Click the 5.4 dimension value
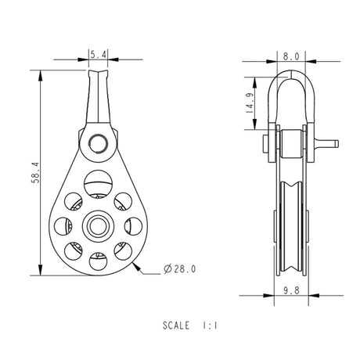pyautogui.click(x=99, y=55)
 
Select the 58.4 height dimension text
pyautogui.click(x=35, y=173)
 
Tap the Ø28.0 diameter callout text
pyautogui.click(x=179, y=269)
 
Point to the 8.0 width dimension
pyautogui.click(x=291, y=56)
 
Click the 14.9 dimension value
pyautogui.click(x=250, y=103)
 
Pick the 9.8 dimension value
pyautogui.click(x=291, y=290)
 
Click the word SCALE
pyautogui.click(x=176, y=326)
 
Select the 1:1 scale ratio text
pyautogui.click(x=210, y=326)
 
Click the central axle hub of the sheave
pyautogui.click(x=98, y=226)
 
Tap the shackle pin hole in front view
pyautogui.click(x=99, y=143)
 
